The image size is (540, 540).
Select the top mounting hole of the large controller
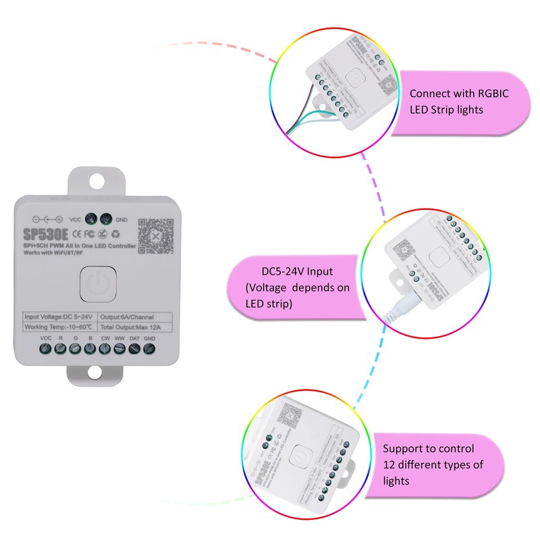tap(99, 180)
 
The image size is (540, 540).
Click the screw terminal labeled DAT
tap(134, 350)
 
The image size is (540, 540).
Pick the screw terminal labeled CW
tap(105, 350)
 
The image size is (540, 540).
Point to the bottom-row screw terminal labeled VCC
tap(46, 350)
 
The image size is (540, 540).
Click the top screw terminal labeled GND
tap(105, 219)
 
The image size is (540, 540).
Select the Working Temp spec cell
tap(61, 327)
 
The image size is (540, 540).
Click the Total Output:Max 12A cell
tap(134, 327)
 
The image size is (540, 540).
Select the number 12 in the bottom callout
tap(389, 465)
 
